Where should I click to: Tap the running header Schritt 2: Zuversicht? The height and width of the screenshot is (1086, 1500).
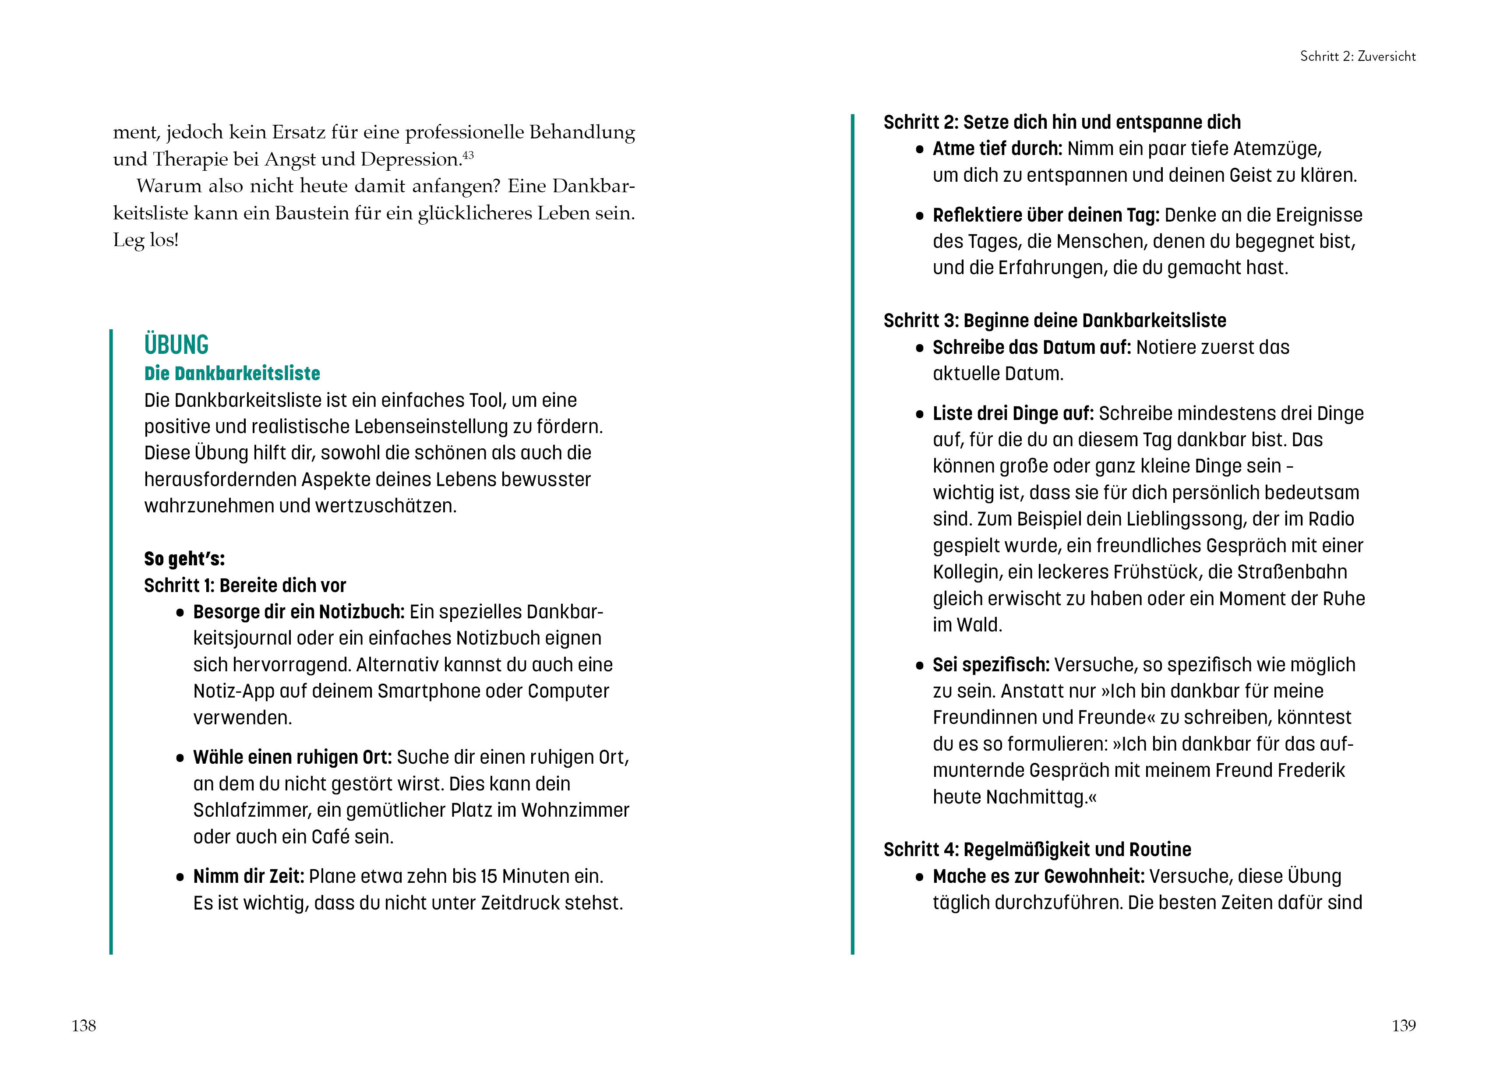click(1357, 56)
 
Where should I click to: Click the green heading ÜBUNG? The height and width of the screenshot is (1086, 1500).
click(176, 345)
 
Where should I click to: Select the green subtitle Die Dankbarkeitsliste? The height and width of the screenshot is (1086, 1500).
click(232, 374)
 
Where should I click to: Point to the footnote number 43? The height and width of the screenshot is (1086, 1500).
click(468, 155)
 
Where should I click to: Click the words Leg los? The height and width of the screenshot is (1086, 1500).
click(145, 240)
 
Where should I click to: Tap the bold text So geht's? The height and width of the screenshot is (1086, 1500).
click(184, 559)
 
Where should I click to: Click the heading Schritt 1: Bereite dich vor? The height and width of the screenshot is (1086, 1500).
click(245, 585)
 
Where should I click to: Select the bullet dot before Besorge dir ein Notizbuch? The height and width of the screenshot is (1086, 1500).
click(180, 613)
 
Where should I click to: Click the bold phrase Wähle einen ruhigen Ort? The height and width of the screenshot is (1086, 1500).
click(292, 757)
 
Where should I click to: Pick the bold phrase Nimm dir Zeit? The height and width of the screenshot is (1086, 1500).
click(248, 876)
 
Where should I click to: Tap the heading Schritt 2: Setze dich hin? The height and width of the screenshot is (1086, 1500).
click(1062, 122)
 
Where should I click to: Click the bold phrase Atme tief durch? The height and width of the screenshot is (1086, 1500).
click(997, 149)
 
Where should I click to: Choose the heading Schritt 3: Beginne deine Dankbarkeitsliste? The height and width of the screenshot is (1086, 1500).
click(1054, 321)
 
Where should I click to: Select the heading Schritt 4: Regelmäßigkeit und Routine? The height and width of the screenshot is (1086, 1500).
click(1037, 850)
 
